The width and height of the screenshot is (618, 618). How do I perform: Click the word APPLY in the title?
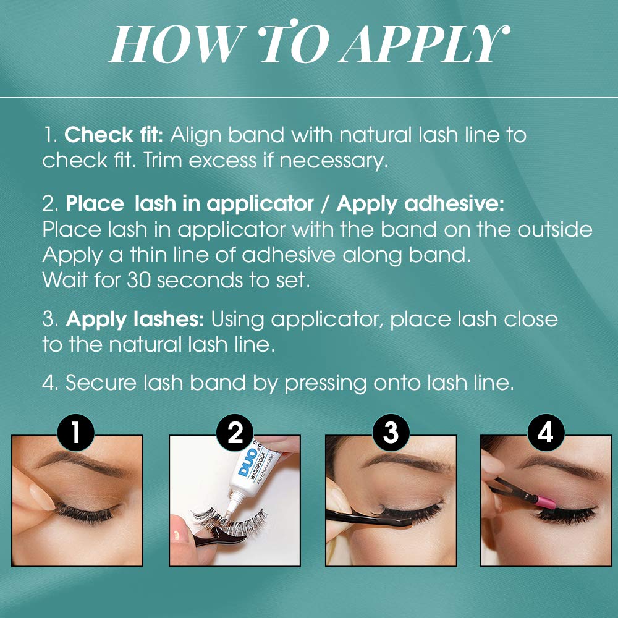coord(425,43)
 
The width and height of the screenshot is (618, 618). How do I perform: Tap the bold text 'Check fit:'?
coord(114,135)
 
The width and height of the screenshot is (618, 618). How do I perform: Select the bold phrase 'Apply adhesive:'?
coord(420,204)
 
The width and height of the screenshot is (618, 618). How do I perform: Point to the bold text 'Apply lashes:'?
coord(135,319)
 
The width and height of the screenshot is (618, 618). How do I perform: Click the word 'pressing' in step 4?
coord(326,383)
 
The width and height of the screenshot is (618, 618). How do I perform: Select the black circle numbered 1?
coord(75,433)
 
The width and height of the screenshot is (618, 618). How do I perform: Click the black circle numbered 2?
coord(235,433)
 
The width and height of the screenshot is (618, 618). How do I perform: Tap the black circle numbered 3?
coord(391,433)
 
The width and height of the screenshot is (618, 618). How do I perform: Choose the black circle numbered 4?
coord(546,433)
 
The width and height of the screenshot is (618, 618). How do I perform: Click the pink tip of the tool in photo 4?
coord(546,502)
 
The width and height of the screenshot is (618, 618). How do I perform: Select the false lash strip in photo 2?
coord(229,520)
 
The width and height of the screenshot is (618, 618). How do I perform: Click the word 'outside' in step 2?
coord(554,229)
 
